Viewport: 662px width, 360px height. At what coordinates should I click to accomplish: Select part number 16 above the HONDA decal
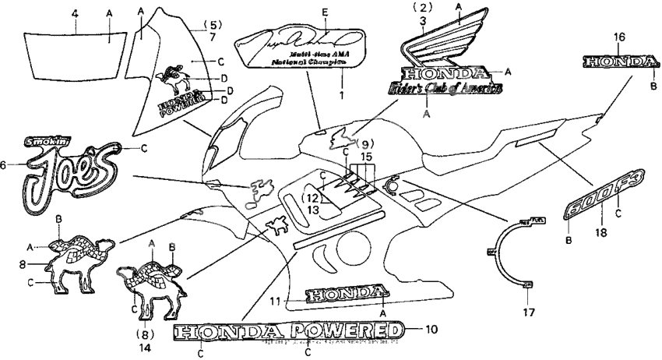[619, 37]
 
